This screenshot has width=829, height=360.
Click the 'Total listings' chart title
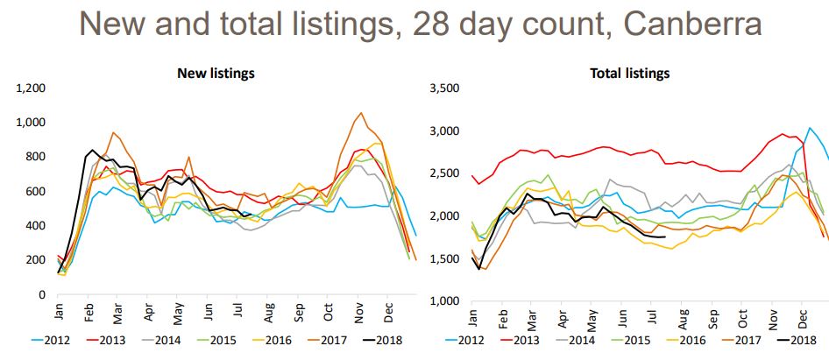(629, 73)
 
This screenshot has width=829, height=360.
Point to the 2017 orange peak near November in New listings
(361, 113)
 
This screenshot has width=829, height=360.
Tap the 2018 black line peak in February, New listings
(93, 150)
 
